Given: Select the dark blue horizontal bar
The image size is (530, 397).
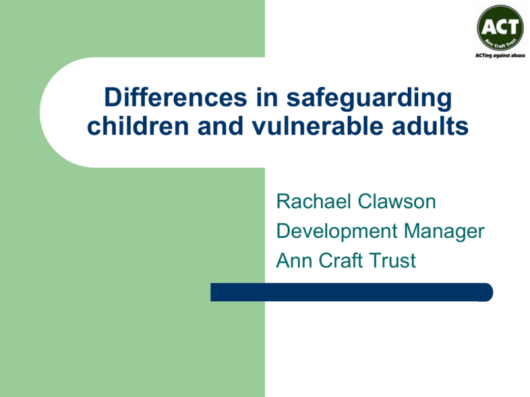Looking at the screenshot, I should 351,292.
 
